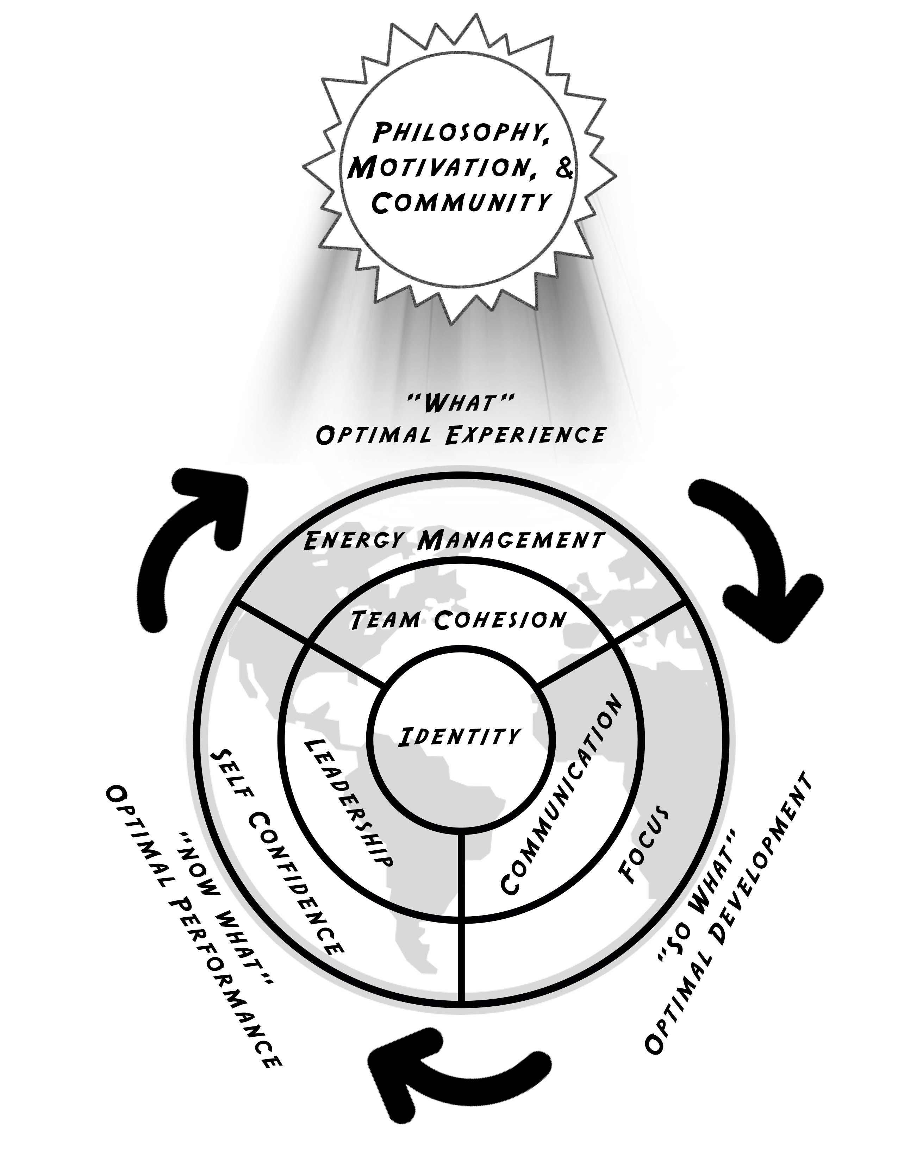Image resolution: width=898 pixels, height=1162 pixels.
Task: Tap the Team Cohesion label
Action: click(x=459, y=620)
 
